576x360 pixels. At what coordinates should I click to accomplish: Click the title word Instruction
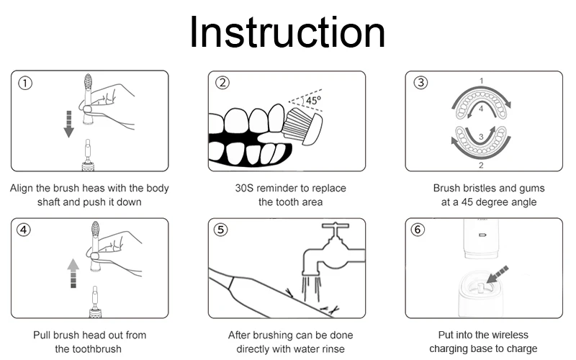(287, 32)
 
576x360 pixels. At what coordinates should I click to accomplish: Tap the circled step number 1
(25, 83)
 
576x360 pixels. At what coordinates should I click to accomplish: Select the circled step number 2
(222, 83)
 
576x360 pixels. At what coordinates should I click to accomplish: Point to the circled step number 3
(420, 82)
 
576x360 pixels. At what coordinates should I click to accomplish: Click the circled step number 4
(24, 230)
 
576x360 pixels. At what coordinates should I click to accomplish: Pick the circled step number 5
(220, 230)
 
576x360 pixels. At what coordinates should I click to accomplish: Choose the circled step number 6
(418, 230)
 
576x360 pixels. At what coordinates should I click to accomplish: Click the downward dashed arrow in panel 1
(68, 124)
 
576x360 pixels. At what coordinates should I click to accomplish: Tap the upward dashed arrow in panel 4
(73, 273)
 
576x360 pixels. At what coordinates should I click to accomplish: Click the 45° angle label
(313, 100)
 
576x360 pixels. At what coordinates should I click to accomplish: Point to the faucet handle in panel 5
(336, 225)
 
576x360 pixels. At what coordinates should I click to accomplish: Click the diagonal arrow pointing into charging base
(498, 275)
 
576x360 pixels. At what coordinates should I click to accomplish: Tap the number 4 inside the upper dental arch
(481, 109)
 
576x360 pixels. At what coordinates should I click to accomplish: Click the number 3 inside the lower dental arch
(481, 138)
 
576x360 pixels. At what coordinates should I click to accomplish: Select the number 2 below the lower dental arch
(481, 166)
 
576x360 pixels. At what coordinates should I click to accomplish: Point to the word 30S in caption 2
(244, 188)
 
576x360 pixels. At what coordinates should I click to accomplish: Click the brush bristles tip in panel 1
(88, 75)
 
